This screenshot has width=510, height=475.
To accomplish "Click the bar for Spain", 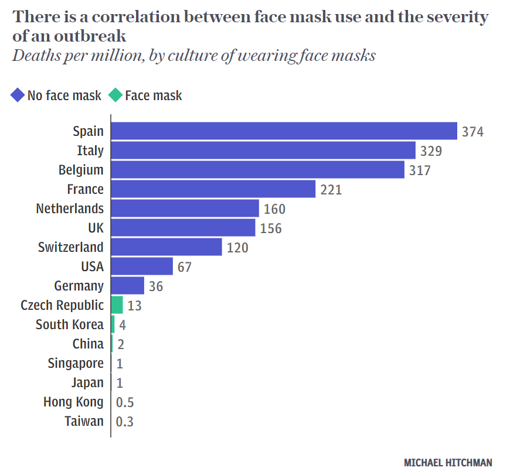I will (x=284, y=131).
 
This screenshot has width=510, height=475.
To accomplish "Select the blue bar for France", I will (x=213, y=189).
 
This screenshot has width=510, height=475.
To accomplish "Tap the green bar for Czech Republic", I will (x=117, y=305).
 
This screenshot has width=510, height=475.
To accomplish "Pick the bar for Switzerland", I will (x=166, y=247).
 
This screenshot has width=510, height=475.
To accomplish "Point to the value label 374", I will (x=472, y=132).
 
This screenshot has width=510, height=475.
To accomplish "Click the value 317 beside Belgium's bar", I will (x=420, y=170).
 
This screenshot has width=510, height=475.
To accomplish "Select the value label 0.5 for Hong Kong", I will (x=125, y=402).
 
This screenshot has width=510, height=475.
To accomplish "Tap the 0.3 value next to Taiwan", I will (x=125, y=422).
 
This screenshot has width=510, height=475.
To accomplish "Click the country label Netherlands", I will (x=70, y=209).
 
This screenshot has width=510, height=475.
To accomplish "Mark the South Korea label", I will (x=69, y=324).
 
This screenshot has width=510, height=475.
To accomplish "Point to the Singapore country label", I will (x=76, y=364).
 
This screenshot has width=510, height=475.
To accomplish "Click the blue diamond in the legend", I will (x=18, y=95).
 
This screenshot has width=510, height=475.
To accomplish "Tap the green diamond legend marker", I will (x=115, y=95).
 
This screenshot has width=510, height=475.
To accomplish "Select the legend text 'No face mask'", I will (x=64, y=95).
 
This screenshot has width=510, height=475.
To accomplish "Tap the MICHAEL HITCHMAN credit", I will (x=448, y=463).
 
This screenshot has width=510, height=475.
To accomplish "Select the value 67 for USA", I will (x=184, y=267).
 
